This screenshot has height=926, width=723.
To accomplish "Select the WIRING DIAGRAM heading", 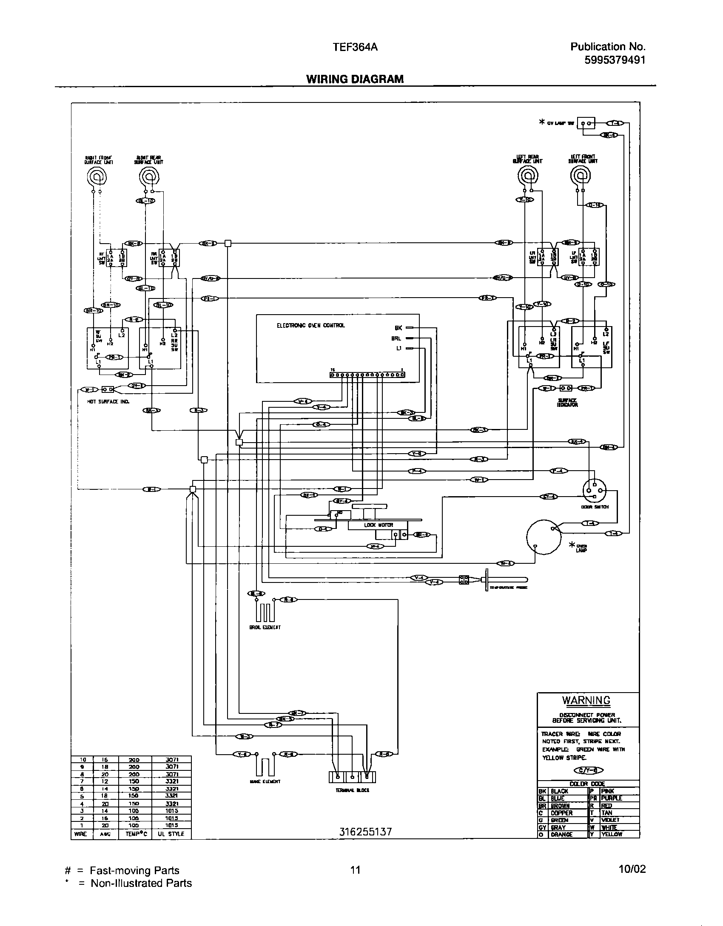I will [x=355, y=79].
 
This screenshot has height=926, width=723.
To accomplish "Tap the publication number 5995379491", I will [x=615, y=60].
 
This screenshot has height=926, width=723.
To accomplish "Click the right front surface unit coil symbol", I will [x=97, y=176].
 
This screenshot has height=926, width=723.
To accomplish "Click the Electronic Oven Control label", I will [x=310, y=326].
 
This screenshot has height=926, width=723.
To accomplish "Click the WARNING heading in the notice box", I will [x=586, y=701].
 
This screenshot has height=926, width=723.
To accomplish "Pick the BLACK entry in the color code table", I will [x=559, y=792].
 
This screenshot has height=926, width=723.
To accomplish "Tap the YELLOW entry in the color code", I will [x=612, y=835].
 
